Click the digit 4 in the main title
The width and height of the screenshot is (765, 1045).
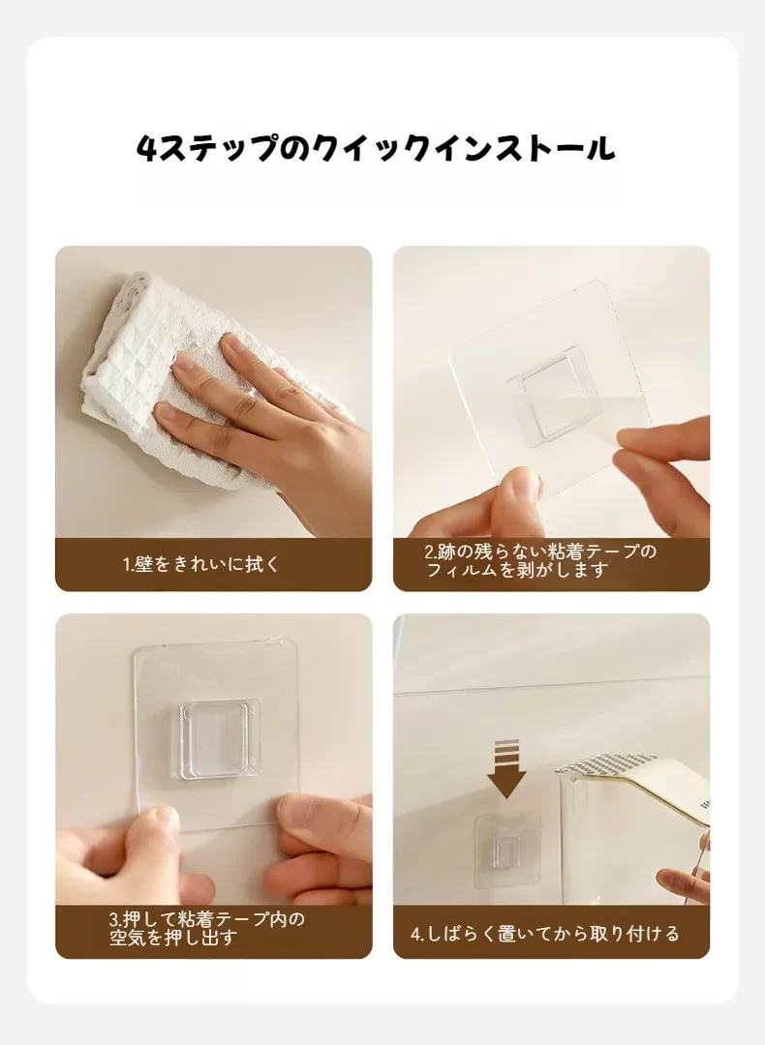(146, 149)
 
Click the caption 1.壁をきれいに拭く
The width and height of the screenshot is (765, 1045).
(201, 564)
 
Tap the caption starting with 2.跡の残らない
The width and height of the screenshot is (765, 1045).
(541, 560)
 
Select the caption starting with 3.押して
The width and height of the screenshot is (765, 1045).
(207, 928)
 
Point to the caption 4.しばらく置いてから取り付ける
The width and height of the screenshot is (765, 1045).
(545, 934)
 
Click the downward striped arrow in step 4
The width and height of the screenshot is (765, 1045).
(506, 768)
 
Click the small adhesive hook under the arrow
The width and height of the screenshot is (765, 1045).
(506, 850)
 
